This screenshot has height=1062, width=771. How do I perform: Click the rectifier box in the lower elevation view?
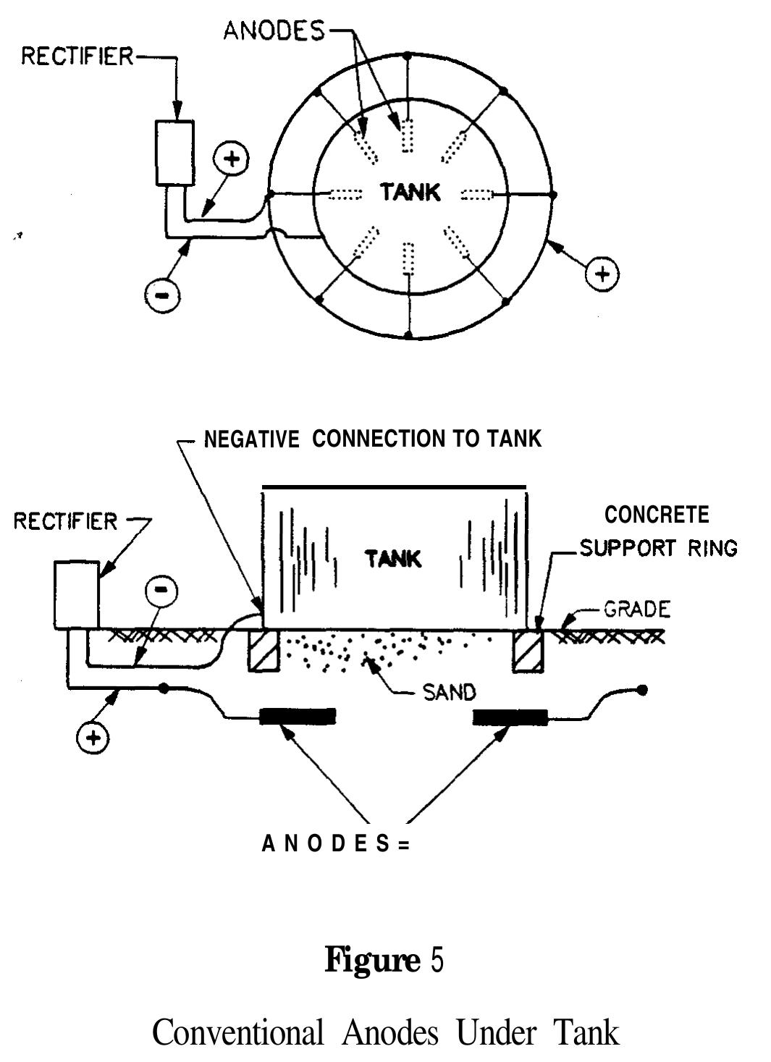click(x=76, y=594)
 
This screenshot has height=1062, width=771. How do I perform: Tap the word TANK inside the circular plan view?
click(x=410, y=193)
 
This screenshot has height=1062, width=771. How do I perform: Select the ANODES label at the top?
click(x=274, y=31)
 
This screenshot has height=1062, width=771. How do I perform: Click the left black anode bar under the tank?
click(x=298, y=717)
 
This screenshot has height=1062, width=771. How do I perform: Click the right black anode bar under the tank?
click(x=510, y=717)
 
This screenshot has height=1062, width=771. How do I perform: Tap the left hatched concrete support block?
click(x=263, y=650)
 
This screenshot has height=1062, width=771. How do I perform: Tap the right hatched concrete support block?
click(x=526, y=650)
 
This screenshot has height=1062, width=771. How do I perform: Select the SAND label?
click(x=449, y=693)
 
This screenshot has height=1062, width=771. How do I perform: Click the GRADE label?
click(x=637, y=609)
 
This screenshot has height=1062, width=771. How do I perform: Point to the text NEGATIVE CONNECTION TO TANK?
click(x=372, y=439)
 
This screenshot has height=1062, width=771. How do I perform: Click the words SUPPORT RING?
click(x=658, y=548)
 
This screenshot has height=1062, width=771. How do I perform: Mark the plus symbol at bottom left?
click(x=93, y=737)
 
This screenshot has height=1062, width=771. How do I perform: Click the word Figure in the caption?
click(x=372, y=961)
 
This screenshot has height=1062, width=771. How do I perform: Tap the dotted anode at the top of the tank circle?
click(x=408, y=135)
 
